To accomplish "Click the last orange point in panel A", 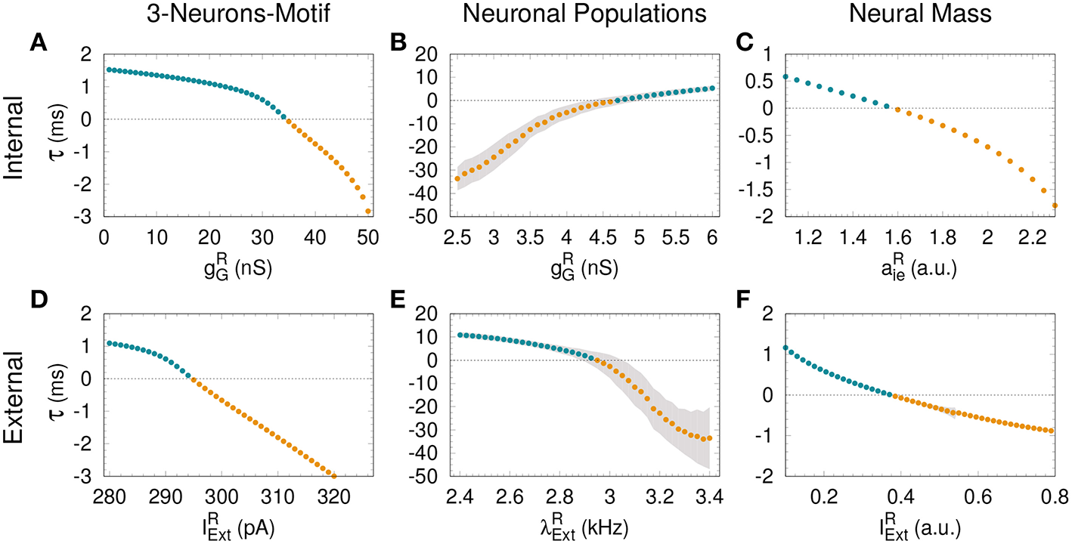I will [x=368, y=211].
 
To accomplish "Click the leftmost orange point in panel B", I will [x=457, y=179].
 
